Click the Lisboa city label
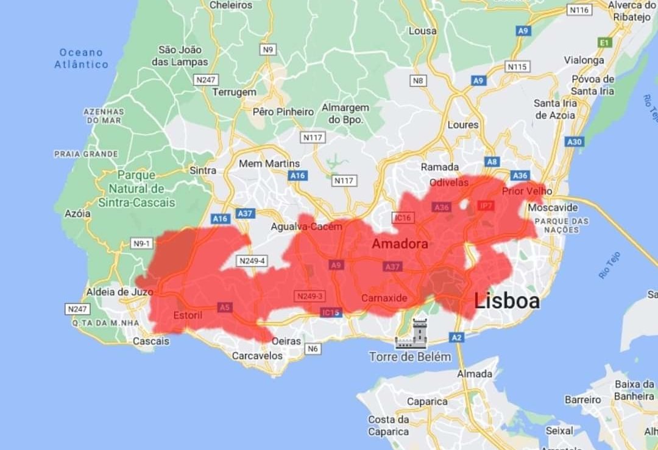[507, 301]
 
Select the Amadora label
[400, 244]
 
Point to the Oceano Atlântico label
[81, 58]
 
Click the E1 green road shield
[604, 43]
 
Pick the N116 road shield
[579, 10]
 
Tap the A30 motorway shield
[575, 142]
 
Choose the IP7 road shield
[486, 206]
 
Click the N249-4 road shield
[252, 261]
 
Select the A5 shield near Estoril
[225, 308]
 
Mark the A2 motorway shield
[456, 337]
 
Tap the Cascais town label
[151, 341]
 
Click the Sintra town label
[203, 171]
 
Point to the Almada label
[475, 374]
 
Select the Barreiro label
[583, 400]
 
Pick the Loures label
[463, 125]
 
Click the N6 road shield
[313, 349]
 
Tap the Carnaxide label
[384, 298]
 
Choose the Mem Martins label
[269, 164]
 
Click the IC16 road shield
[403, 217]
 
